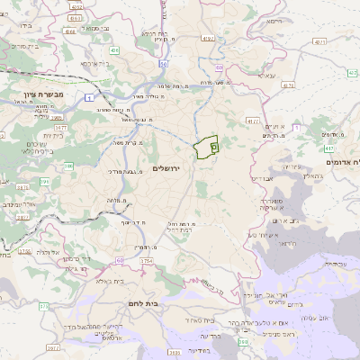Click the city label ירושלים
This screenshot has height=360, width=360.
click(x=167, y=168)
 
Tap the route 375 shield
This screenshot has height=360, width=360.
click(x=42, y=306)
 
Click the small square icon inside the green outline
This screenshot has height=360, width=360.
click(x=213, y=144)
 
